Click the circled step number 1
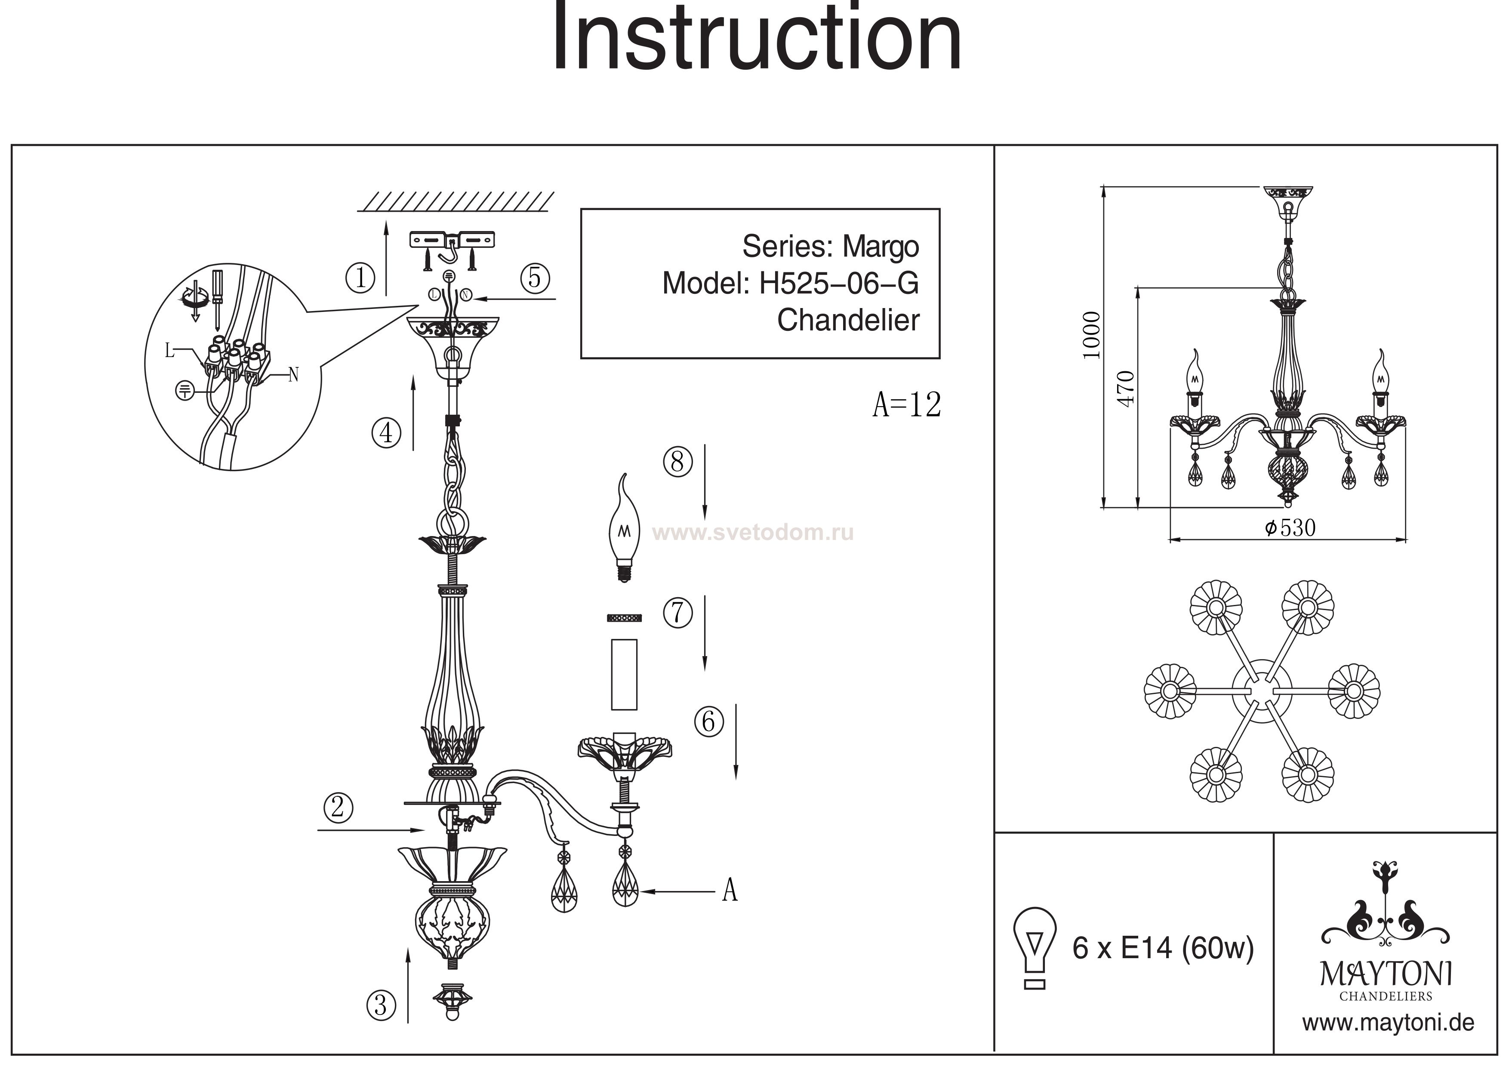[x=360, y=278]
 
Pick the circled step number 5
[x=535, y=278]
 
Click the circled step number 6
[x=708, y=722]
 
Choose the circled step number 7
[x=678, y=613]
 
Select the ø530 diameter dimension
[x=1290, y=528]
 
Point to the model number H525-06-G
[x=839, y=284]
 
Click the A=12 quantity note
[x=906, y=405]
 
